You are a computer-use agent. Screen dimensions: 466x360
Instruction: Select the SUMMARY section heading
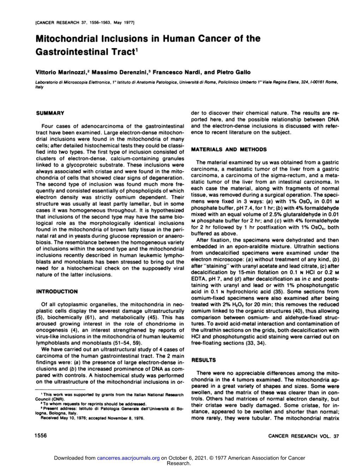[x=50, y=113]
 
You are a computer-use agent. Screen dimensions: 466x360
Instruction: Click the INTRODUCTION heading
[x=57, y=292]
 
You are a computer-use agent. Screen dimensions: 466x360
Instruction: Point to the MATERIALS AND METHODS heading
[x=229, y=149]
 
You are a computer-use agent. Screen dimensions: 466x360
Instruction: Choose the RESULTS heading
[x=203, y=360]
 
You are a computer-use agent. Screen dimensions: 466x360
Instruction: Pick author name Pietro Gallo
[x=233, y=72]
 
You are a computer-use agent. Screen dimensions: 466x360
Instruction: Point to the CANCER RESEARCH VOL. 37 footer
[x=304, y=436]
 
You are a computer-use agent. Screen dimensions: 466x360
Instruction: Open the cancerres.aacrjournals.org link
[x=128, y=458]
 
